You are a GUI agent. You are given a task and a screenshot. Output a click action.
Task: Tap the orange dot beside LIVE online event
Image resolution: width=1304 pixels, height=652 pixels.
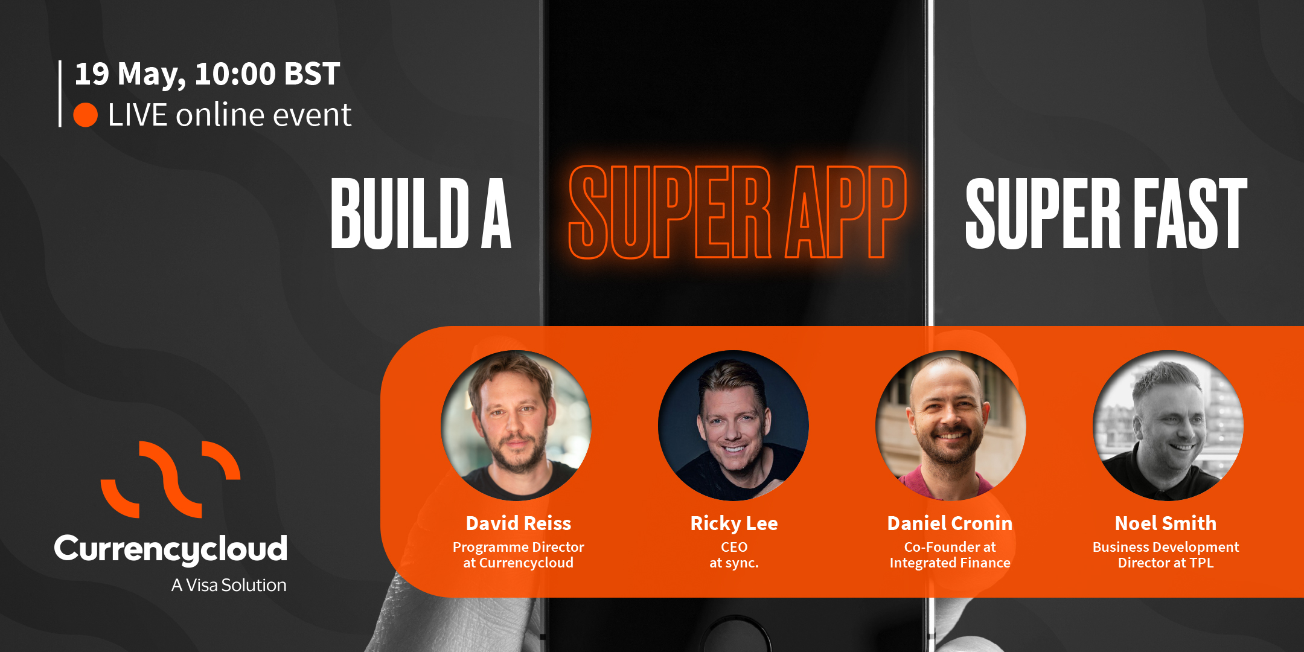86,115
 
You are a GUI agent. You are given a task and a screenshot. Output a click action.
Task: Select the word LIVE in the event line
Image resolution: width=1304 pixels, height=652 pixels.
138,115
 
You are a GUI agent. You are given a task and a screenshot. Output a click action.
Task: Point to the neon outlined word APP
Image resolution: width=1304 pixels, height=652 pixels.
846,212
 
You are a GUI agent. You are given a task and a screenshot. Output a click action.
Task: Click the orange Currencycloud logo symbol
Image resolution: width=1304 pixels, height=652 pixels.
171,479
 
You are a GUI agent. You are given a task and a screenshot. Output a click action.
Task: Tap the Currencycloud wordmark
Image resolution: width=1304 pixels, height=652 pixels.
171,549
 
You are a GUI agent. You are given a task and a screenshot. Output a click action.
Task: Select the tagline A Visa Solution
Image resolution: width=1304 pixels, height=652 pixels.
229,585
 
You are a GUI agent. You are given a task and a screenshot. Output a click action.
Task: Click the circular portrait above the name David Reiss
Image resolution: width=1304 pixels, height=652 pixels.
516,426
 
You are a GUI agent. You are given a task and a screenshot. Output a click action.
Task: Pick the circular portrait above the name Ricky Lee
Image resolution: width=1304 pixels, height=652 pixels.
733,426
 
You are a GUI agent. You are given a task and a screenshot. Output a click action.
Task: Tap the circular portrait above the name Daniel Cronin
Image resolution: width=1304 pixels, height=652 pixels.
951,426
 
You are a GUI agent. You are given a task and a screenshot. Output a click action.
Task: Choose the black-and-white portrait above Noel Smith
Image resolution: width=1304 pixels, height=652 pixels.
1168,426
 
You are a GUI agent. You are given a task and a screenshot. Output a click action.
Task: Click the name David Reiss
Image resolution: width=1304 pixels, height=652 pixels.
519,523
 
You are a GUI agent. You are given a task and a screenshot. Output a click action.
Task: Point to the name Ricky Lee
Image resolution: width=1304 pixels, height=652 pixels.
734,523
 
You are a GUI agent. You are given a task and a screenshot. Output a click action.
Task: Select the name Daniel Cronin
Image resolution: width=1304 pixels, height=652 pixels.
950,523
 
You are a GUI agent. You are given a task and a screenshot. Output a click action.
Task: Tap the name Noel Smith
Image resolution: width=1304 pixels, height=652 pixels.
1166,523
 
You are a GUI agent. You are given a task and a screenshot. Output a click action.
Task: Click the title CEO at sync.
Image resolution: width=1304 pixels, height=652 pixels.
734,555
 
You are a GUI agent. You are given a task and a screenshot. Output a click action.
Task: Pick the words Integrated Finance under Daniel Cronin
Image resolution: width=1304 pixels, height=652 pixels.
950,563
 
